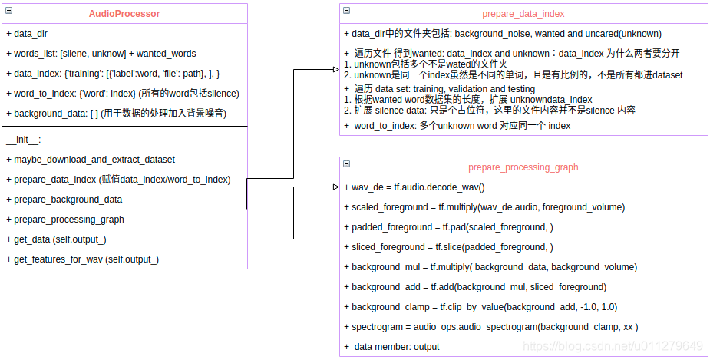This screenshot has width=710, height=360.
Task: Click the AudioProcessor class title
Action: click(124, 14)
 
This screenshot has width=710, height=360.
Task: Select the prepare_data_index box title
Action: click(523, 14)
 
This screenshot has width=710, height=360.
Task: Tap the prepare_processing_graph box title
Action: click(523, 167)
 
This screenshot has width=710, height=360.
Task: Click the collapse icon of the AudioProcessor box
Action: click(8, 11)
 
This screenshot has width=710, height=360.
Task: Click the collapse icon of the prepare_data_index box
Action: click(347, 11)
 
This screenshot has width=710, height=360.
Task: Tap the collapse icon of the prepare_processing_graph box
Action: click(347, 164)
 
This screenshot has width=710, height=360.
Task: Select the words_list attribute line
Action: click(101, 54)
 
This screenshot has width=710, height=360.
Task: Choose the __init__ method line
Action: click(24, 140)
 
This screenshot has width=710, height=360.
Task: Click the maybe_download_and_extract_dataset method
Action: click(91, 160)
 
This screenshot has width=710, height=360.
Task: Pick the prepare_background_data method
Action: click(64, 200)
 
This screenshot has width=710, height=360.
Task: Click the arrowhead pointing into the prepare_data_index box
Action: click(335, 69)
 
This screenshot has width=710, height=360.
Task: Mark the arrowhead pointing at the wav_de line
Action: click(335, 187)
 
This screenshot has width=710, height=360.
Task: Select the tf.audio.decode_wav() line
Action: click(418, 187)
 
